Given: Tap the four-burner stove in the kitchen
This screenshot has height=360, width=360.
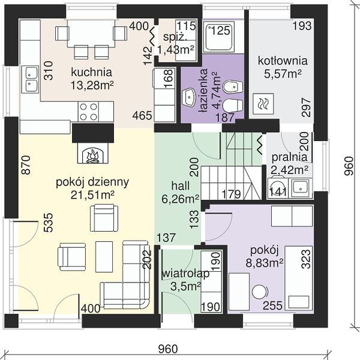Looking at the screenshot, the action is [x=88, y=112].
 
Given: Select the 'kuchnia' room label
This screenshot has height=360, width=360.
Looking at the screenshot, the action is [x=91, y=72].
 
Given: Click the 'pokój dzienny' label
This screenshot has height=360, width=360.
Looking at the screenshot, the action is [x=92, y=182].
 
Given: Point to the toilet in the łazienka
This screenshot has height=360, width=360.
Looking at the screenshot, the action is [x=233, y=106].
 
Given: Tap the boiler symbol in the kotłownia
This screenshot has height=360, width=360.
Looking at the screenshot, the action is [x=263, y=104].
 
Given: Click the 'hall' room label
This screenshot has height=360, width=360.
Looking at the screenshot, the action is [x=181, y=185].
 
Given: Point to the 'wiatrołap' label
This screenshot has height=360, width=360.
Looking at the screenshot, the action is [x=186, y=274].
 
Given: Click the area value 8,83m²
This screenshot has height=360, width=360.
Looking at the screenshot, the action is [x=264, y=263].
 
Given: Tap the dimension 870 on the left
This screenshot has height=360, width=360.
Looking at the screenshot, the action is [x=26, y=165].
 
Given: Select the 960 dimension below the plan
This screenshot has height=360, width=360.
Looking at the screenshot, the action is [x=168, y=349].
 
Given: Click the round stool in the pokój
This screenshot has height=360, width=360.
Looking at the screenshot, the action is [x=260, y=292].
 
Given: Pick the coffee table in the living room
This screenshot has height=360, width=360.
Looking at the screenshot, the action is [x=104, y=256].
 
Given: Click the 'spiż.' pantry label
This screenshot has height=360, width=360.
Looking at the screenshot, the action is [x=175, y=37].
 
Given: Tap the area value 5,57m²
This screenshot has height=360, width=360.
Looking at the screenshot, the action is [x=283, y=74].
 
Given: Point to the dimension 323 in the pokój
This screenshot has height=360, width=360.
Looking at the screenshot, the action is [x=306, y=259].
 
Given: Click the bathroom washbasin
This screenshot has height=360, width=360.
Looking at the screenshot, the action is [x=190, y=98].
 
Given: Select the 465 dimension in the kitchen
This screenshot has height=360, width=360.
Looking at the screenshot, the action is [x=142, y=115].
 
